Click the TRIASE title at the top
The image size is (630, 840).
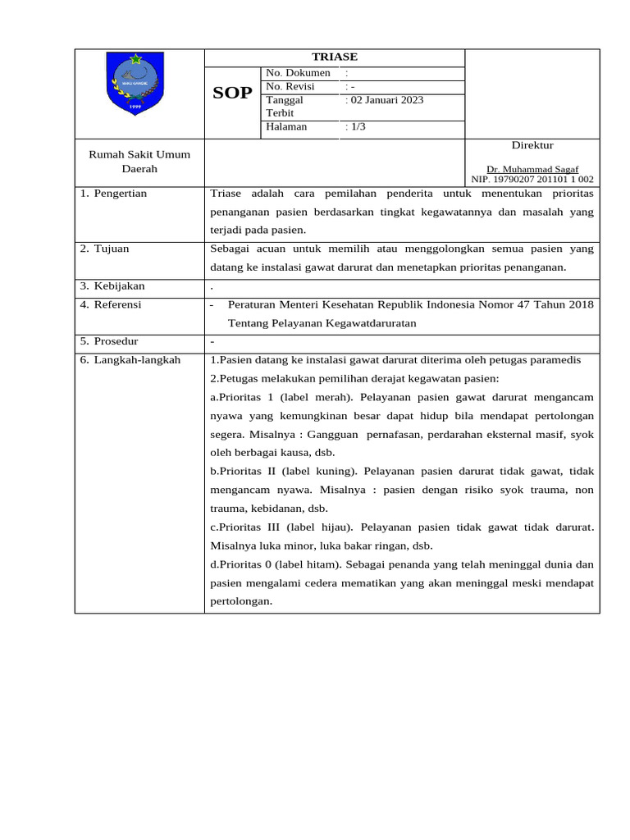coord(334,57)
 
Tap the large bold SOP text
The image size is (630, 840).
coord(233,94)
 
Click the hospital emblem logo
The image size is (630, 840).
coord(135,84)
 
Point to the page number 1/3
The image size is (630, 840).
coord(358,127)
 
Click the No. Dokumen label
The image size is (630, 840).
coord(298,73)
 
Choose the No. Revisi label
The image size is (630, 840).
coord(290,87)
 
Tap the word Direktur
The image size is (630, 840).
coord(532,145)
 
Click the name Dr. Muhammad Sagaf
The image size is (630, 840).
coord(532,169)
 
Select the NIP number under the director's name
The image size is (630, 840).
coord(532,179)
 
